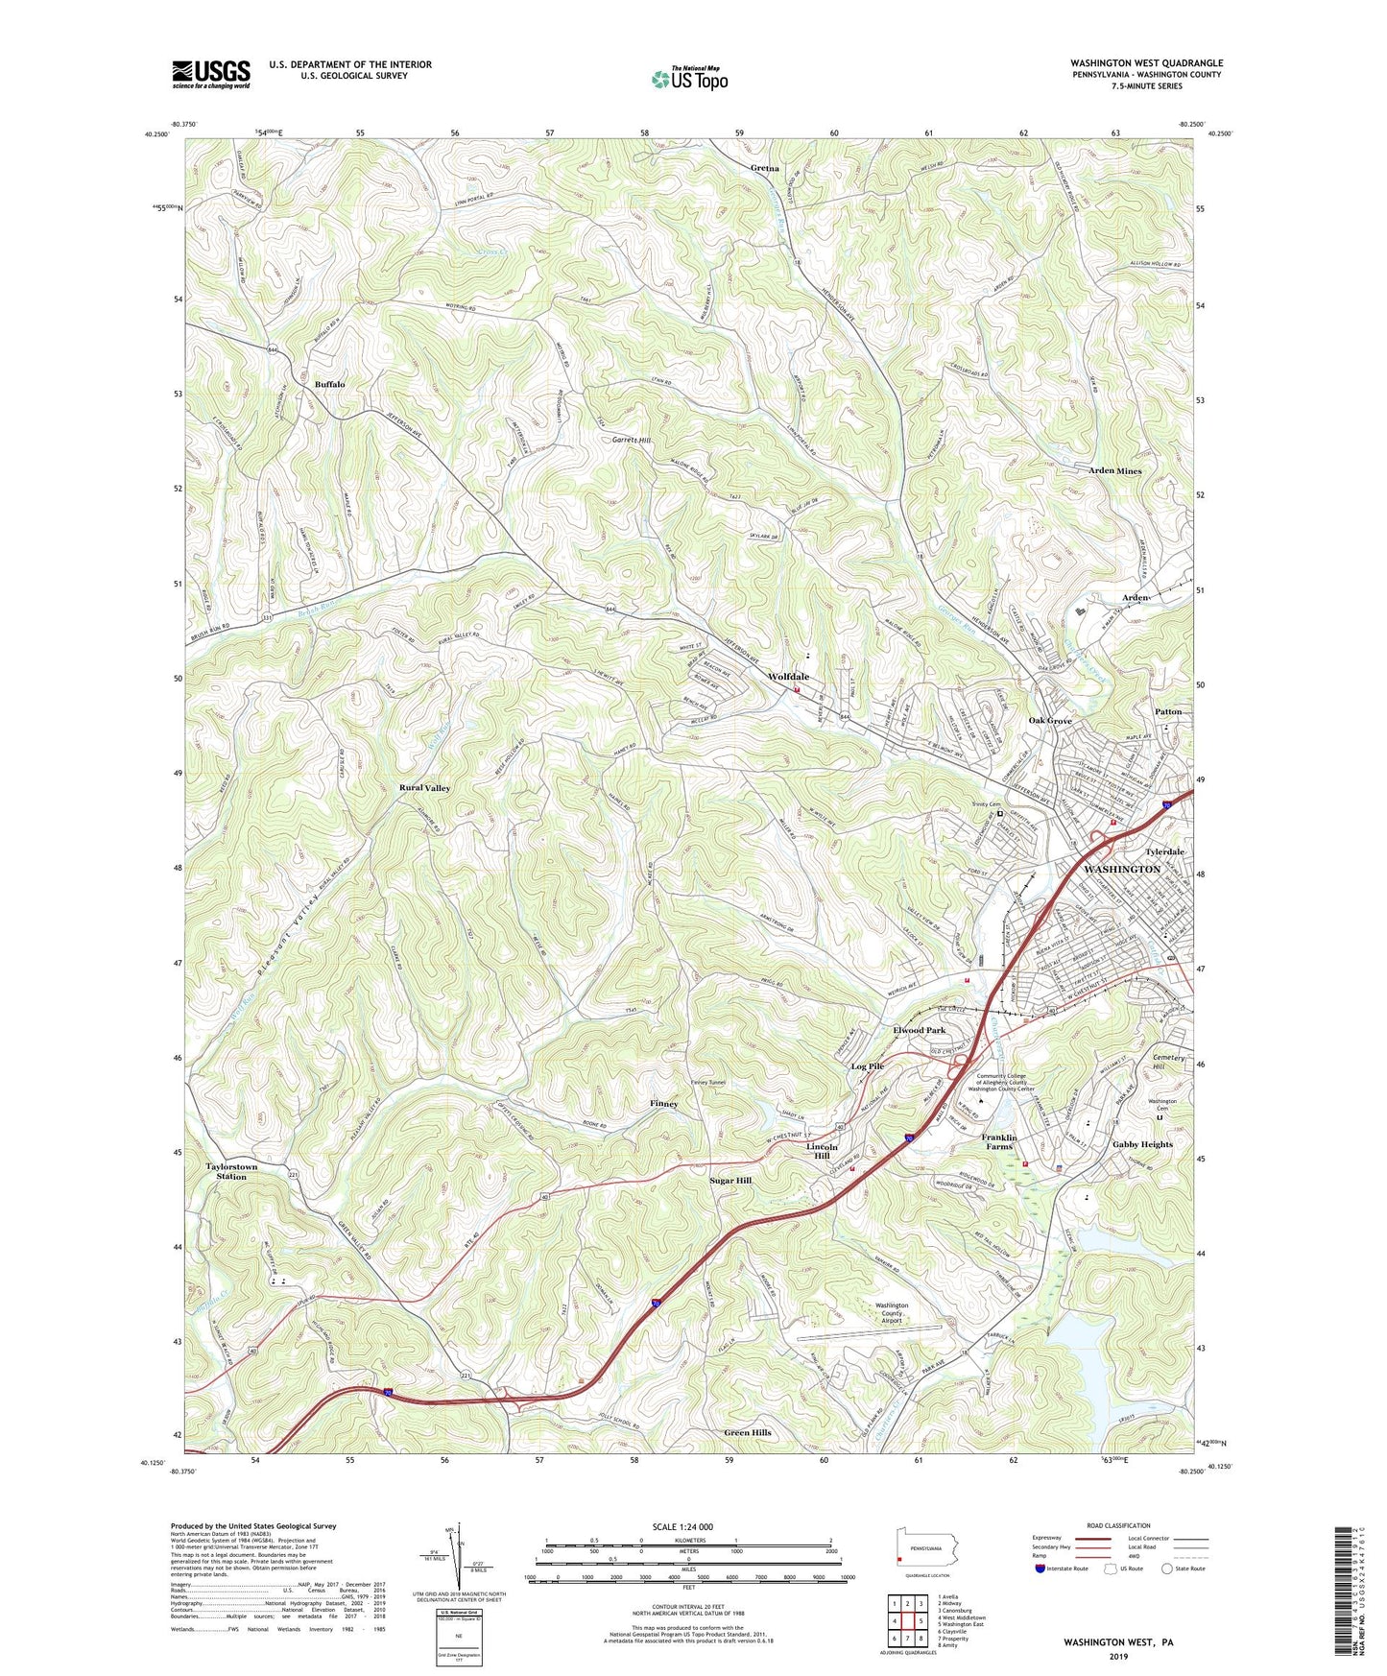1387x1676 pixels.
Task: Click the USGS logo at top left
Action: [x=211, y=74]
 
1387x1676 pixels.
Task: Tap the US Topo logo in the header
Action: [x=688, y=79]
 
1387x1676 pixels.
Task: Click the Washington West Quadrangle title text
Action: [x=1146, y=63]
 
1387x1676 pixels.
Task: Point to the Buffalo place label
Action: [x=329, y=384]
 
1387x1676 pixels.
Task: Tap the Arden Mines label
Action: [x=1114, y=471]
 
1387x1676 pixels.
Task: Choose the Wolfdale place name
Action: [x=788, y=677]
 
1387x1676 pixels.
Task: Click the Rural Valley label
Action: [x=424, y=787]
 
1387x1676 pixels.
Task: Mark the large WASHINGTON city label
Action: [x=1121, y=869]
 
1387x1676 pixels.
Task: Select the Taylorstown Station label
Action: [x=231, y=1171]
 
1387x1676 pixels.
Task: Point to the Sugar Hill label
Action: [x=729, y=1180]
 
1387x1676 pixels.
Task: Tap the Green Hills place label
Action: [x=748, y=1432]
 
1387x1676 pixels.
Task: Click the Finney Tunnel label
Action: [x=708, y=1083]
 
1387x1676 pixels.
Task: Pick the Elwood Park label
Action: [x=919, y=1030]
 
